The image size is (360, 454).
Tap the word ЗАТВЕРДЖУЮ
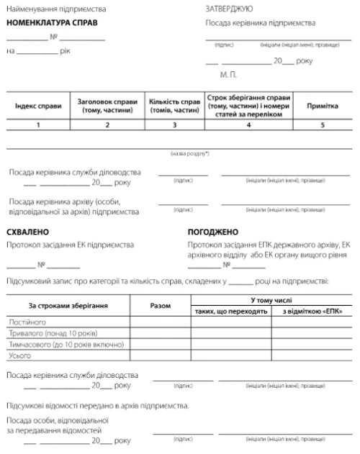point(229,9)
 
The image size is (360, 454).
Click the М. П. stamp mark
point(227,74)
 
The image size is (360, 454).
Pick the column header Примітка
point(323,106)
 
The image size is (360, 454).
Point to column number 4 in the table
point(248,125)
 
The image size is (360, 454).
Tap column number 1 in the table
point(37,125)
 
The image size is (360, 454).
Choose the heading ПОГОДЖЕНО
point(212,232)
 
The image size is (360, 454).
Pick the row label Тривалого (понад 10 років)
point(51,334)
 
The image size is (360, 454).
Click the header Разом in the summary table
point(160,305)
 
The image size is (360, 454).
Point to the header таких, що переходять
point(232,311)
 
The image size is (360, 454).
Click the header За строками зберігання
point(68,305)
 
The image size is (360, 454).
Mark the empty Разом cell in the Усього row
point(160,355)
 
